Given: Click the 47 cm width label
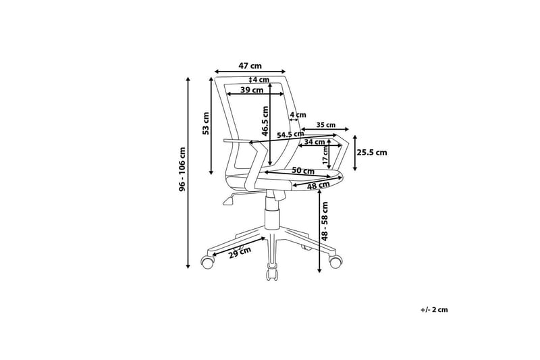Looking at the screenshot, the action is point(250,66).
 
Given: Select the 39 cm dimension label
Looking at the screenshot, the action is point(252,91).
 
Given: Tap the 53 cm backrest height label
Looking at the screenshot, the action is point(206,124).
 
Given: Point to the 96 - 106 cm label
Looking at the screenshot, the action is point(182,169).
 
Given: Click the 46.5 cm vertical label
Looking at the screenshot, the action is point(265,121).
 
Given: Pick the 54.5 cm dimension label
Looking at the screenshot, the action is point(291,134).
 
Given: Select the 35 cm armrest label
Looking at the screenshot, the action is point(325,125).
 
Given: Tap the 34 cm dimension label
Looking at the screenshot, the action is point(315,142).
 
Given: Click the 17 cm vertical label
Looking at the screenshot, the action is point(325,155).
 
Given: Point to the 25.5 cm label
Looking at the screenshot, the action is point(372,152).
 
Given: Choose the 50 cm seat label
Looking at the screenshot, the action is point(303,170).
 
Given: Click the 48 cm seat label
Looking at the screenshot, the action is point(318,186).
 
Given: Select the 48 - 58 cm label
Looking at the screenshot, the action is point(325,220).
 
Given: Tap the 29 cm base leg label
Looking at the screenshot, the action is point(240,252).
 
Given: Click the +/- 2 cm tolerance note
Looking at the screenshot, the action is point(434,310).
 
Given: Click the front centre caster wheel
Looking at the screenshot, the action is point(272,274).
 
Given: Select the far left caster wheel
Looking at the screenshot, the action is point(207,261).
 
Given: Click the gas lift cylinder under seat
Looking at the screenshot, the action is point(272,213).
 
